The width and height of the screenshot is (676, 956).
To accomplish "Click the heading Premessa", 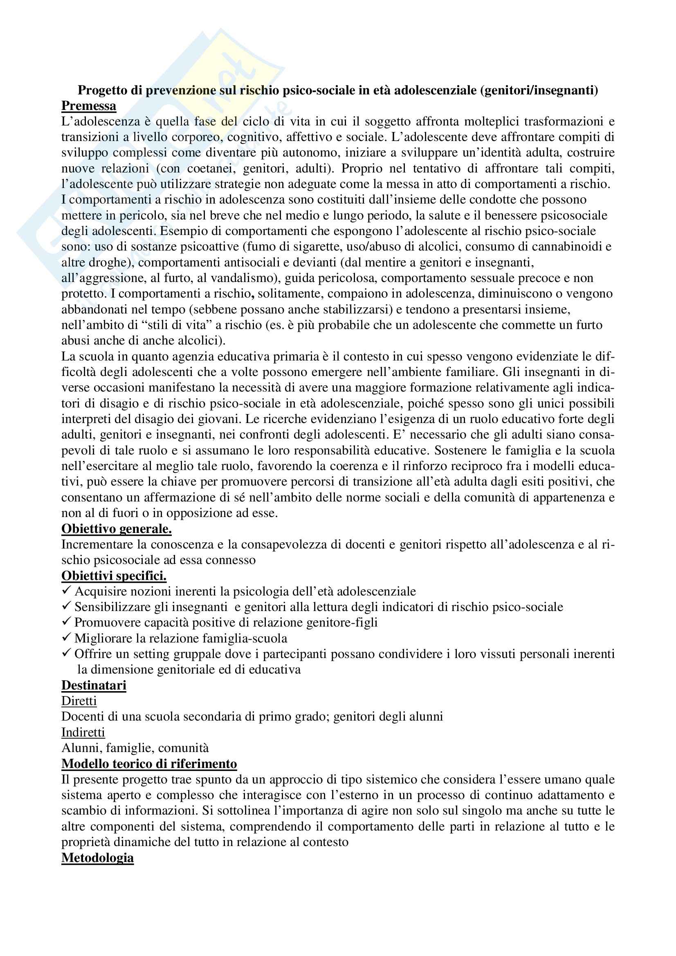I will pyautogui.click(x=89, y=106).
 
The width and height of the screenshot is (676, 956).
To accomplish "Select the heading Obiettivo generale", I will pyautogui.click(x=116, y=529).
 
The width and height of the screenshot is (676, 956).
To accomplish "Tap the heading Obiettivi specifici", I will pyautogui.click(x=114, y=576).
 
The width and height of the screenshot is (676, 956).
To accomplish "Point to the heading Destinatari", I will pyautogui.click(x=94, y=685).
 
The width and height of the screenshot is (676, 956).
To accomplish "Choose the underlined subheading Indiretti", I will pyautogui.click(x=83, y=732).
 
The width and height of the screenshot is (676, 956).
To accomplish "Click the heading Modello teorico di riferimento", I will pyautogui.click(x=149, y=764).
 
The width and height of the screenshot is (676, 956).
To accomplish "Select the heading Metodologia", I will pyautogui.click(x=97, y=858).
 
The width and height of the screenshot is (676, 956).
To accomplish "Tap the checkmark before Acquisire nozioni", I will pyautogui.click(x=66, y=591).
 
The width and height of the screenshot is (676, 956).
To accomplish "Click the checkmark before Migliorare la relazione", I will pyautogui.click(x=66, y=638).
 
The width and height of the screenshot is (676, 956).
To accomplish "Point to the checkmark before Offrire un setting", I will pyautogui.click(x=66, y=654).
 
